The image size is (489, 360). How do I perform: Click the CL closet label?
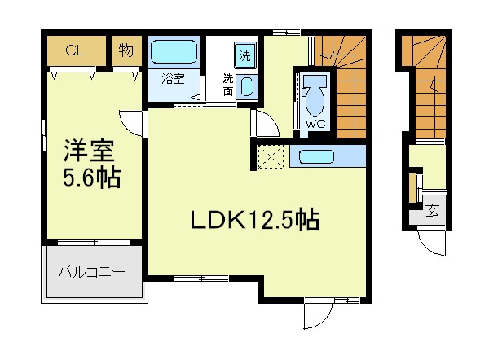point(76,50)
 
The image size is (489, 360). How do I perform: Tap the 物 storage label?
point(126,50)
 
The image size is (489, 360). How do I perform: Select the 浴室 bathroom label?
point(174,79)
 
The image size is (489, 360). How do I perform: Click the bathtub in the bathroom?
point(174,51)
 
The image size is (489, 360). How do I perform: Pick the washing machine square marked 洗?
point(245,55)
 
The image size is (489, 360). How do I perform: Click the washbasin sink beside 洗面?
point(247,86)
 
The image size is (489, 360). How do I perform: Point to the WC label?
point(315,124)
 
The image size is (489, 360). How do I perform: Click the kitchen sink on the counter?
point(316,156)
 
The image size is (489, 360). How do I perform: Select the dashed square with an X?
point(271,156)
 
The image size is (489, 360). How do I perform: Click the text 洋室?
point(90,151)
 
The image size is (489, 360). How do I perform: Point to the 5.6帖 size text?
point(91,178)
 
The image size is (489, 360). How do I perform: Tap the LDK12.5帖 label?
point(255,221)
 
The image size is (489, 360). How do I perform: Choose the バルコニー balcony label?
point(91,272)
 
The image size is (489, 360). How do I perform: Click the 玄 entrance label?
point(433,211)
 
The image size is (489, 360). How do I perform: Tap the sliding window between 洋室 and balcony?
point(94,243)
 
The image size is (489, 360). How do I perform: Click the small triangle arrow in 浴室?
point(196,97)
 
